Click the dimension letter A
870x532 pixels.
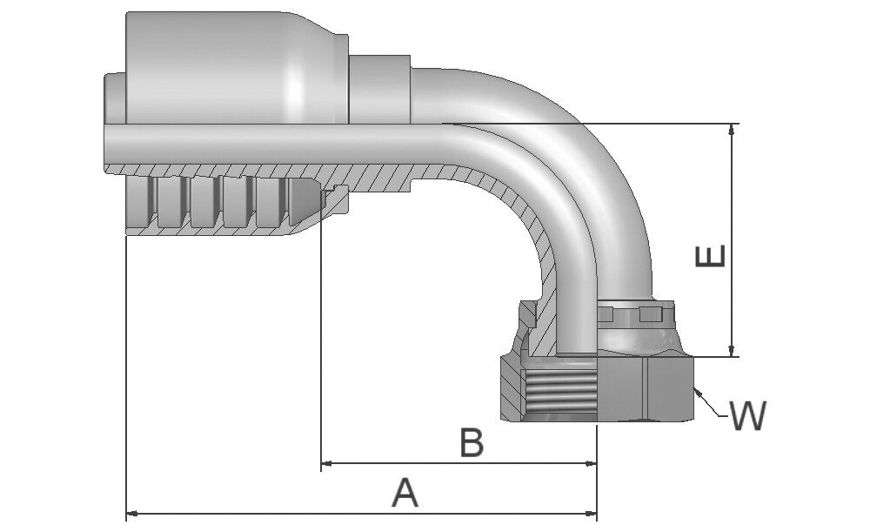click(x=405, y=493)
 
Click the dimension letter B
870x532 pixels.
click(x=472, y=443)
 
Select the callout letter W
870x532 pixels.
click(x=747, y=417)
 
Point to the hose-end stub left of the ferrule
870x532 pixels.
click(x=115, y=98)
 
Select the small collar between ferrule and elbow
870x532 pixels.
click(x=379, y=88)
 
